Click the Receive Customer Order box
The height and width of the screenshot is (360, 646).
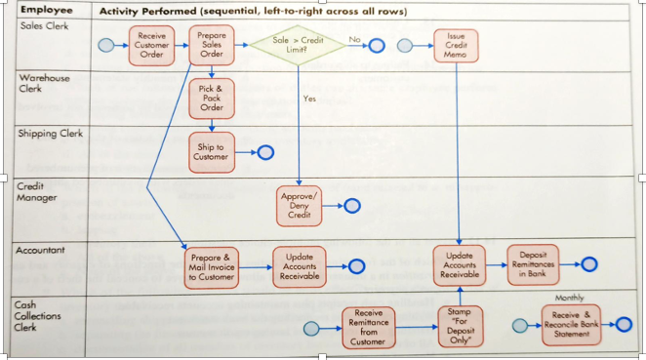click(x=152, y=46)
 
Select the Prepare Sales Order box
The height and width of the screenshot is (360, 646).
click(x=212, y=46)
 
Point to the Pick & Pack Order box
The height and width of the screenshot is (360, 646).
click(x=212, y=98)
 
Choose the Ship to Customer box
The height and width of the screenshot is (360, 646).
click(x=212, y=151)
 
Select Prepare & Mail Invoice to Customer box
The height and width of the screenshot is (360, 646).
click(x=211, y=265)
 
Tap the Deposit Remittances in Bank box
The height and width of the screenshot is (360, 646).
click(x=533, y=263)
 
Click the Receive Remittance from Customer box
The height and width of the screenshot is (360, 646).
click(x=369, y=327)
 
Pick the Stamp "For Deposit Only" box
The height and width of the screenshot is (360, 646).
click(x=459, y=327)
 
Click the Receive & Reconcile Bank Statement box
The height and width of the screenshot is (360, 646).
click(x=571, y=323)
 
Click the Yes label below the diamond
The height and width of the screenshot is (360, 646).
click(x=309, y=99)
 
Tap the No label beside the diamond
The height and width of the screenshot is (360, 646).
click(x=354, y=40)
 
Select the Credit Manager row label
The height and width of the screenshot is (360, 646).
click(x=37, y=192)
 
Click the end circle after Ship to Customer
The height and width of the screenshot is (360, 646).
click(x=263, y=152)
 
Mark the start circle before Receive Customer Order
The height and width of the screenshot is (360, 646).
click(x=106, y=46)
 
